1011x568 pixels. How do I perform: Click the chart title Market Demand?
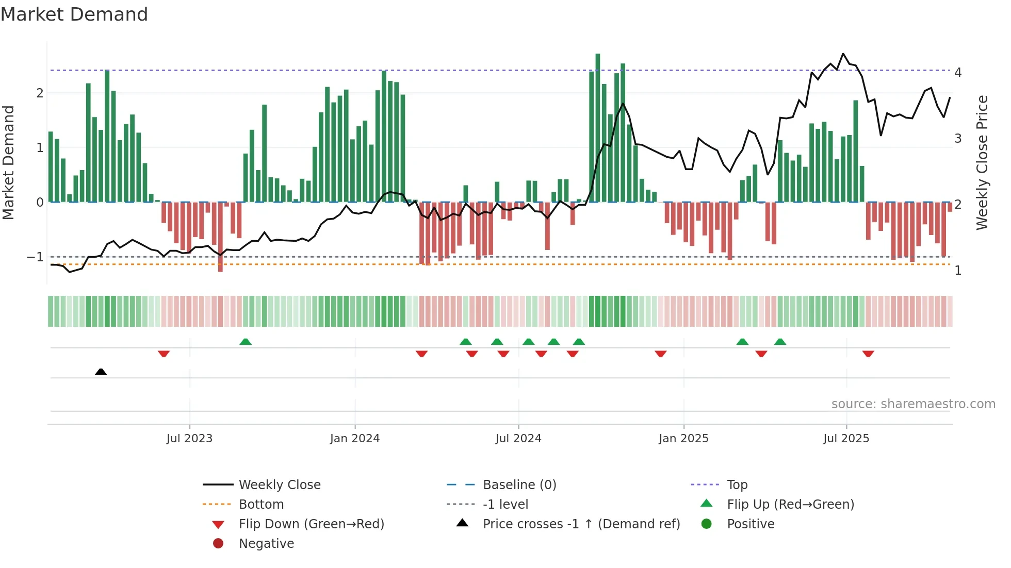pos(74,14)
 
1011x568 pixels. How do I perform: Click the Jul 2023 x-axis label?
pos(189,439)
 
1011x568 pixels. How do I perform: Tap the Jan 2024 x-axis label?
pos(355,439)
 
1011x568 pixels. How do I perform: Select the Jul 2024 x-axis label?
pos(518,439)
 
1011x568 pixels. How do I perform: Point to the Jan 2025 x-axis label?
pos(683,439)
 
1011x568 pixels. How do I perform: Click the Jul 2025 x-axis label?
pos(846,439)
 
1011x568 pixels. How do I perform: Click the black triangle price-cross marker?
pos(101,372)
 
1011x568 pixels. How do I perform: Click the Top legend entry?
pos(737,485)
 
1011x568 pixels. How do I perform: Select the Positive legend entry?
pos(751,524)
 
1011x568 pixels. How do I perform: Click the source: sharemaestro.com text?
pos(913,404)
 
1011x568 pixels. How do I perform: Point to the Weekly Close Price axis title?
pos(982,162)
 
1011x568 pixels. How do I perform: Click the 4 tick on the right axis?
pos(958,73)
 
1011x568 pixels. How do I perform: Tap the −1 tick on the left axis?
pos(35,257)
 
